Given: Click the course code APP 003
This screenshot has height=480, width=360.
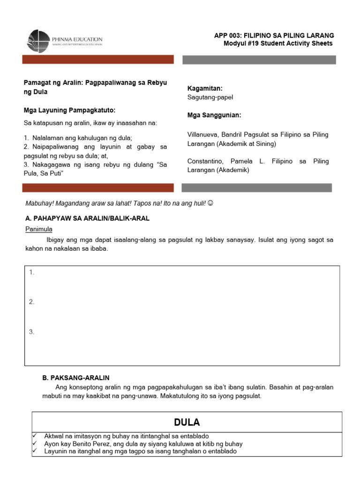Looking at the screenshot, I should [227, 36].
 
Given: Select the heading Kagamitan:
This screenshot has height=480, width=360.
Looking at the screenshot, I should [205, 88].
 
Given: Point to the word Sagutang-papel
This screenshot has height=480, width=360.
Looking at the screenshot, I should [210, 97].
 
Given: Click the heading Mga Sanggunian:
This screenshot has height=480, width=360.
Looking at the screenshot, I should [214, 115].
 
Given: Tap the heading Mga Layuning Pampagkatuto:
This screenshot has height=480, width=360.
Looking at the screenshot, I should [69, 111].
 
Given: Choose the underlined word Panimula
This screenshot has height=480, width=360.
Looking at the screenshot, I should [38, 229].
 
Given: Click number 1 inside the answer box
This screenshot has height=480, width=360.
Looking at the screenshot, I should [31, 272].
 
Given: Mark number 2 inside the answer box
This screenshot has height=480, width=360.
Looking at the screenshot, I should [31, 302].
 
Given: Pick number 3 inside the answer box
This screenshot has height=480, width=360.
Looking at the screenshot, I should [31, 332].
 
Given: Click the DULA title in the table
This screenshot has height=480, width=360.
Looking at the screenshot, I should [187, 422].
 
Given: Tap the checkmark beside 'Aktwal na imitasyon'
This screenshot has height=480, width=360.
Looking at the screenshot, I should [34, 436].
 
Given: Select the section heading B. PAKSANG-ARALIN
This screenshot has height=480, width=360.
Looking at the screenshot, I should [76, 378].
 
